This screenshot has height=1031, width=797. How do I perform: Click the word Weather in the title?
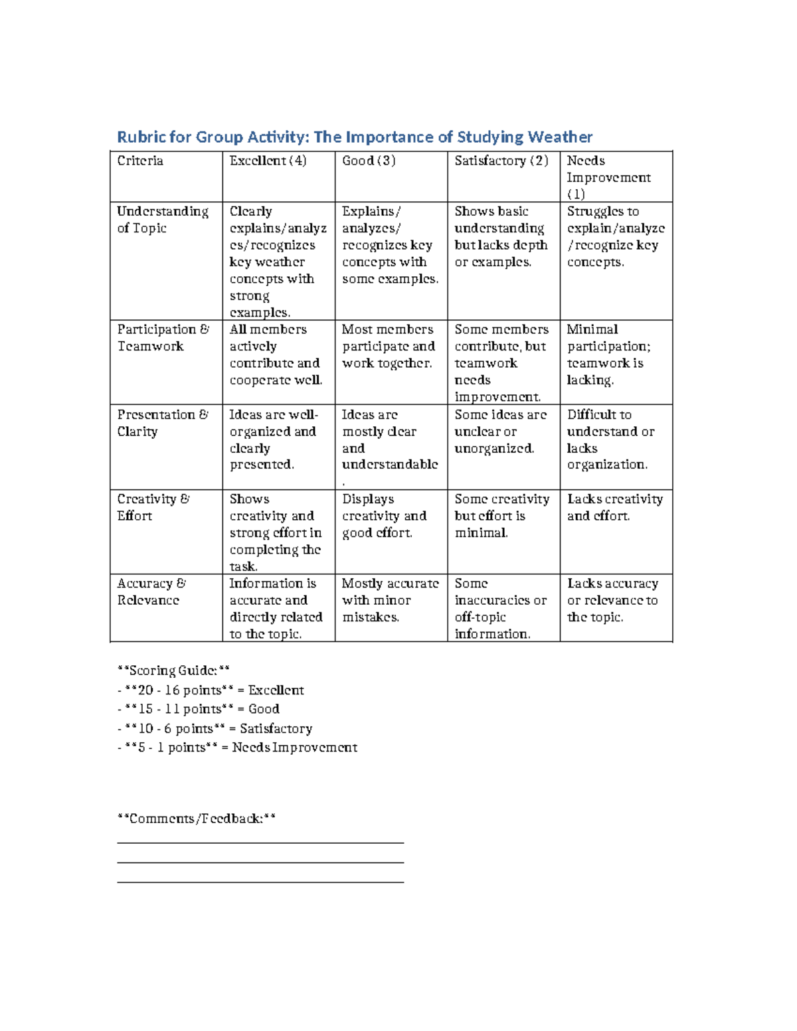(x=560, y=137)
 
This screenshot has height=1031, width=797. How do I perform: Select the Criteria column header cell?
(x=140, y=161)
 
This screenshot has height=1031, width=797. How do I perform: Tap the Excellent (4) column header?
(x=268, y=161)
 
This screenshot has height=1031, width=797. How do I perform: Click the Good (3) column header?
(x=369, y=161)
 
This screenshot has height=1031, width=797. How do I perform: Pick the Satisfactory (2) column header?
(x=501, y=161)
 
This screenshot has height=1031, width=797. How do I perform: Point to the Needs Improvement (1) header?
(x=608, y=177)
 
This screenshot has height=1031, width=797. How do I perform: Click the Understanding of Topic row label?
(x=162, y=220)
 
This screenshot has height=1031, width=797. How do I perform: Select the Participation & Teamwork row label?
(x=163, y=338)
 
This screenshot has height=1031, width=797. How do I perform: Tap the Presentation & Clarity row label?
(x=162, y=423)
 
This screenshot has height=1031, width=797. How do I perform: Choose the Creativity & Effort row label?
(x=153, y=507)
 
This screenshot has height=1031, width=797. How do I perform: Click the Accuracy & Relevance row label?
(x=151, y=592)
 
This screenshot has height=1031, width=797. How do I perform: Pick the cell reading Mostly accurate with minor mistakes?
(x=390, y=600)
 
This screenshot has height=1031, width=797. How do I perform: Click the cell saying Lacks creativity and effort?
(x=614, y=507)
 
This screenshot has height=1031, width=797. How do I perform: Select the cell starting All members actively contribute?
(x=275, y=355)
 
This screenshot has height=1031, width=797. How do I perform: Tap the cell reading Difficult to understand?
(x=610, y=439)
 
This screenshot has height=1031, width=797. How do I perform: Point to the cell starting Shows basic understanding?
(x=501, y=237)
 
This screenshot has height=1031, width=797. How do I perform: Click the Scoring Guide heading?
(x=173, y=671)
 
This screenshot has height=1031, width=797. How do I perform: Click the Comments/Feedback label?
(x=196, y=819)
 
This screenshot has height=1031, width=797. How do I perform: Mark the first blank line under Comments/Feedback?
(x=260, y=842)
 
